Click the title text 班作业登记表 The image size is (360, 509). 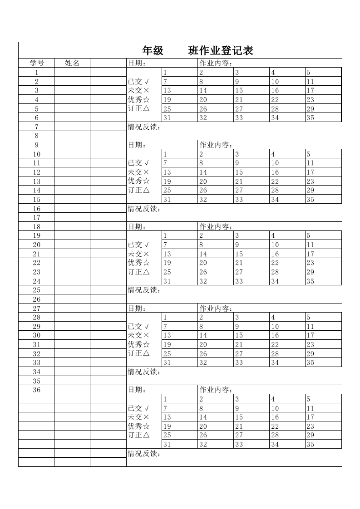click(221, 51)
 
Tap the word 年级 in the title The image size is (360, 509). click(153, 51)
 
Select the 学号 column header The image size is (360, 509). click(36, 63)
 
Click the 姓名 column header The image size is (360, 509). click(72, 63)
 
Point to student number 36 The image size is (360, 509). click(36, 390)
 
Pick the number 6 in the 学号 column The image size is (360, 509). click(36, 117)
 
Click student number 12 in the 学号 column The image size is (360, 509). click(36, 172)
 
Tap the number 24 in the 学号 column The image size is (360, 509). click(36, 281)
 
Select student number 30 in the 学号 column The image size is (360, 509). click(36, 335)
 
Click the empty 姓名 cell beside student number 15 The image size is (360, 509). click(72, 199)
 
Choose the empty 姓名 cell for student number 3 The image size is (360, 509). click(72, 90)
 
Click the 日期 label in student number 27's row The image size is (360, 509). click(137, 308)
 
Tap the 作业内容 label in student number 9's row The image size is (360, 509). click(216, 145)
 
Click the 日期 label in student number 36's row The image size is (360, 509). click(137, 390)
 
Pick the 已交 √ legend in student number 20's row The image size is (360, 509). click(138, 245)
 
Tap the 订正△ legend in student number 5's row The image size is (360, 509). click(138, 108)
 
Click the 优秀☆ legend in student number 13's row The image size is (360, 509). click(138, 181)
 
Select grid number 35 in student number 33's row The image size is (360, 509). click(311, 362)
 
